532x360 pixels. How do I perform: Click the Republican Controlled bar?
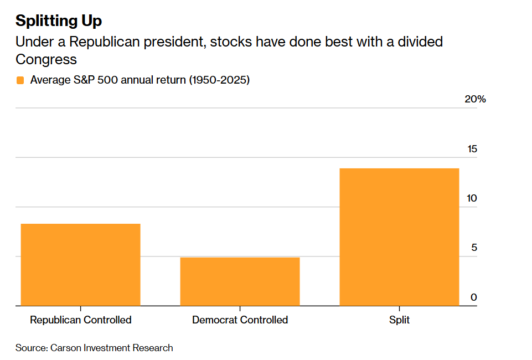[80, 265]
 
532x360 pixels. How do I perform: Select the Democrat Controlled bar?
[240, 281]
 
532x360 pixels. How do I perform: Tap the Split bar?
[399, 237]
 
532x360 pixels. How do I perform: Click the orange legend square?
[20, 80]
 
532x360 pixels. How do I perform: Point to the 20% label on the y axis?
[475, 99]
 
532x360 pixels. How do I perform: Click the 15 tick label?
[472, 149]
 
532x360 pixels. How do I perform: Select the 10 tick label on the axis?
[472, 198]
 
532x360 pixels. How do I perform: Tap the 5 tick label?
[474, 248]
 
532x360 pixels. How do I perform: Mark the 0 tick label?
[474, 297]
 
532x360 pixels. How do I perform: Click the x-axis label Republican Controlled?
[80, 320]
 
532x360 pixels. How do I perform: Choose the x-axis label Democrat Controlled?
[240, 320]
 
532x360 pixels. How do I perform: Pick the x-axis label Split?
[399, 320]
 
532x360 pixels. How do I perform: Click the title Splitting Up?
[59, 21]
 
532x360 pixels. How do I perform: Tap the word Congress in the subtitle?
[46, 60]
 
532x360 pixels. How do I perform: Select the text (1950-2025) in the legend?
[219, 80]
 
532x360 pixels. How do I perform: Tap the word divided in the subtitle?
[420, 42]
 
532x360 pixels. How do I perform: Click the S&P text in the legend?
[84, 80]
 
